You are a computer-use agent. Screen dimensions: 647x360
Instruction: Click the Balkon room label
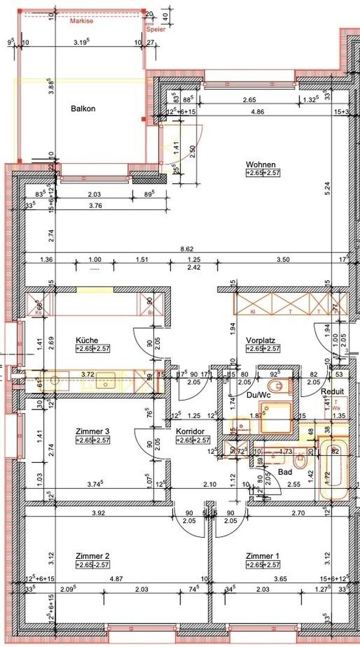click(x=83, y=109)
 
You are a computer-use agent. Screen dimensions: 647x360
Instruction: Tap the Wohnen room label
click(x=260, y=164)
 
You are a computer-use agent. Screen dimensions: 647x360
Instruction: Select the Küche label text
click(x=87, y=340)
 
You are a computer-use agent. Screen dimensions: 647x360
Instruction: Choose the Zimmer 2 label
click(x=92, y=556)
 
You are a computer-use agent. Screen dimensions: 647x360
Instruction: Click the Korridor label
click(x=191, y=431)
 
